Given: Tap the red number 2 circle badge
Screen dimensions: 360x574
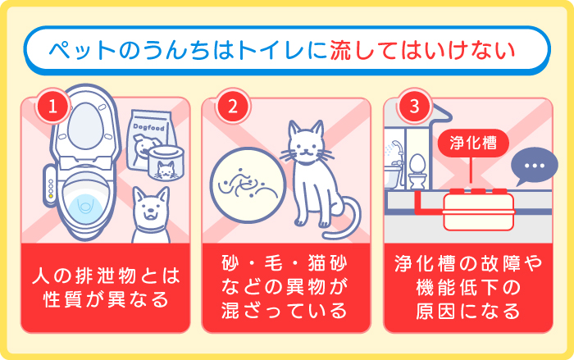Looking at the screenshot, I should point(232,107).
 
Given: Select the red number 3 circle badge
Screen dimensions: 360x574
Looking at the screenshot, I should point(413,107).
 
